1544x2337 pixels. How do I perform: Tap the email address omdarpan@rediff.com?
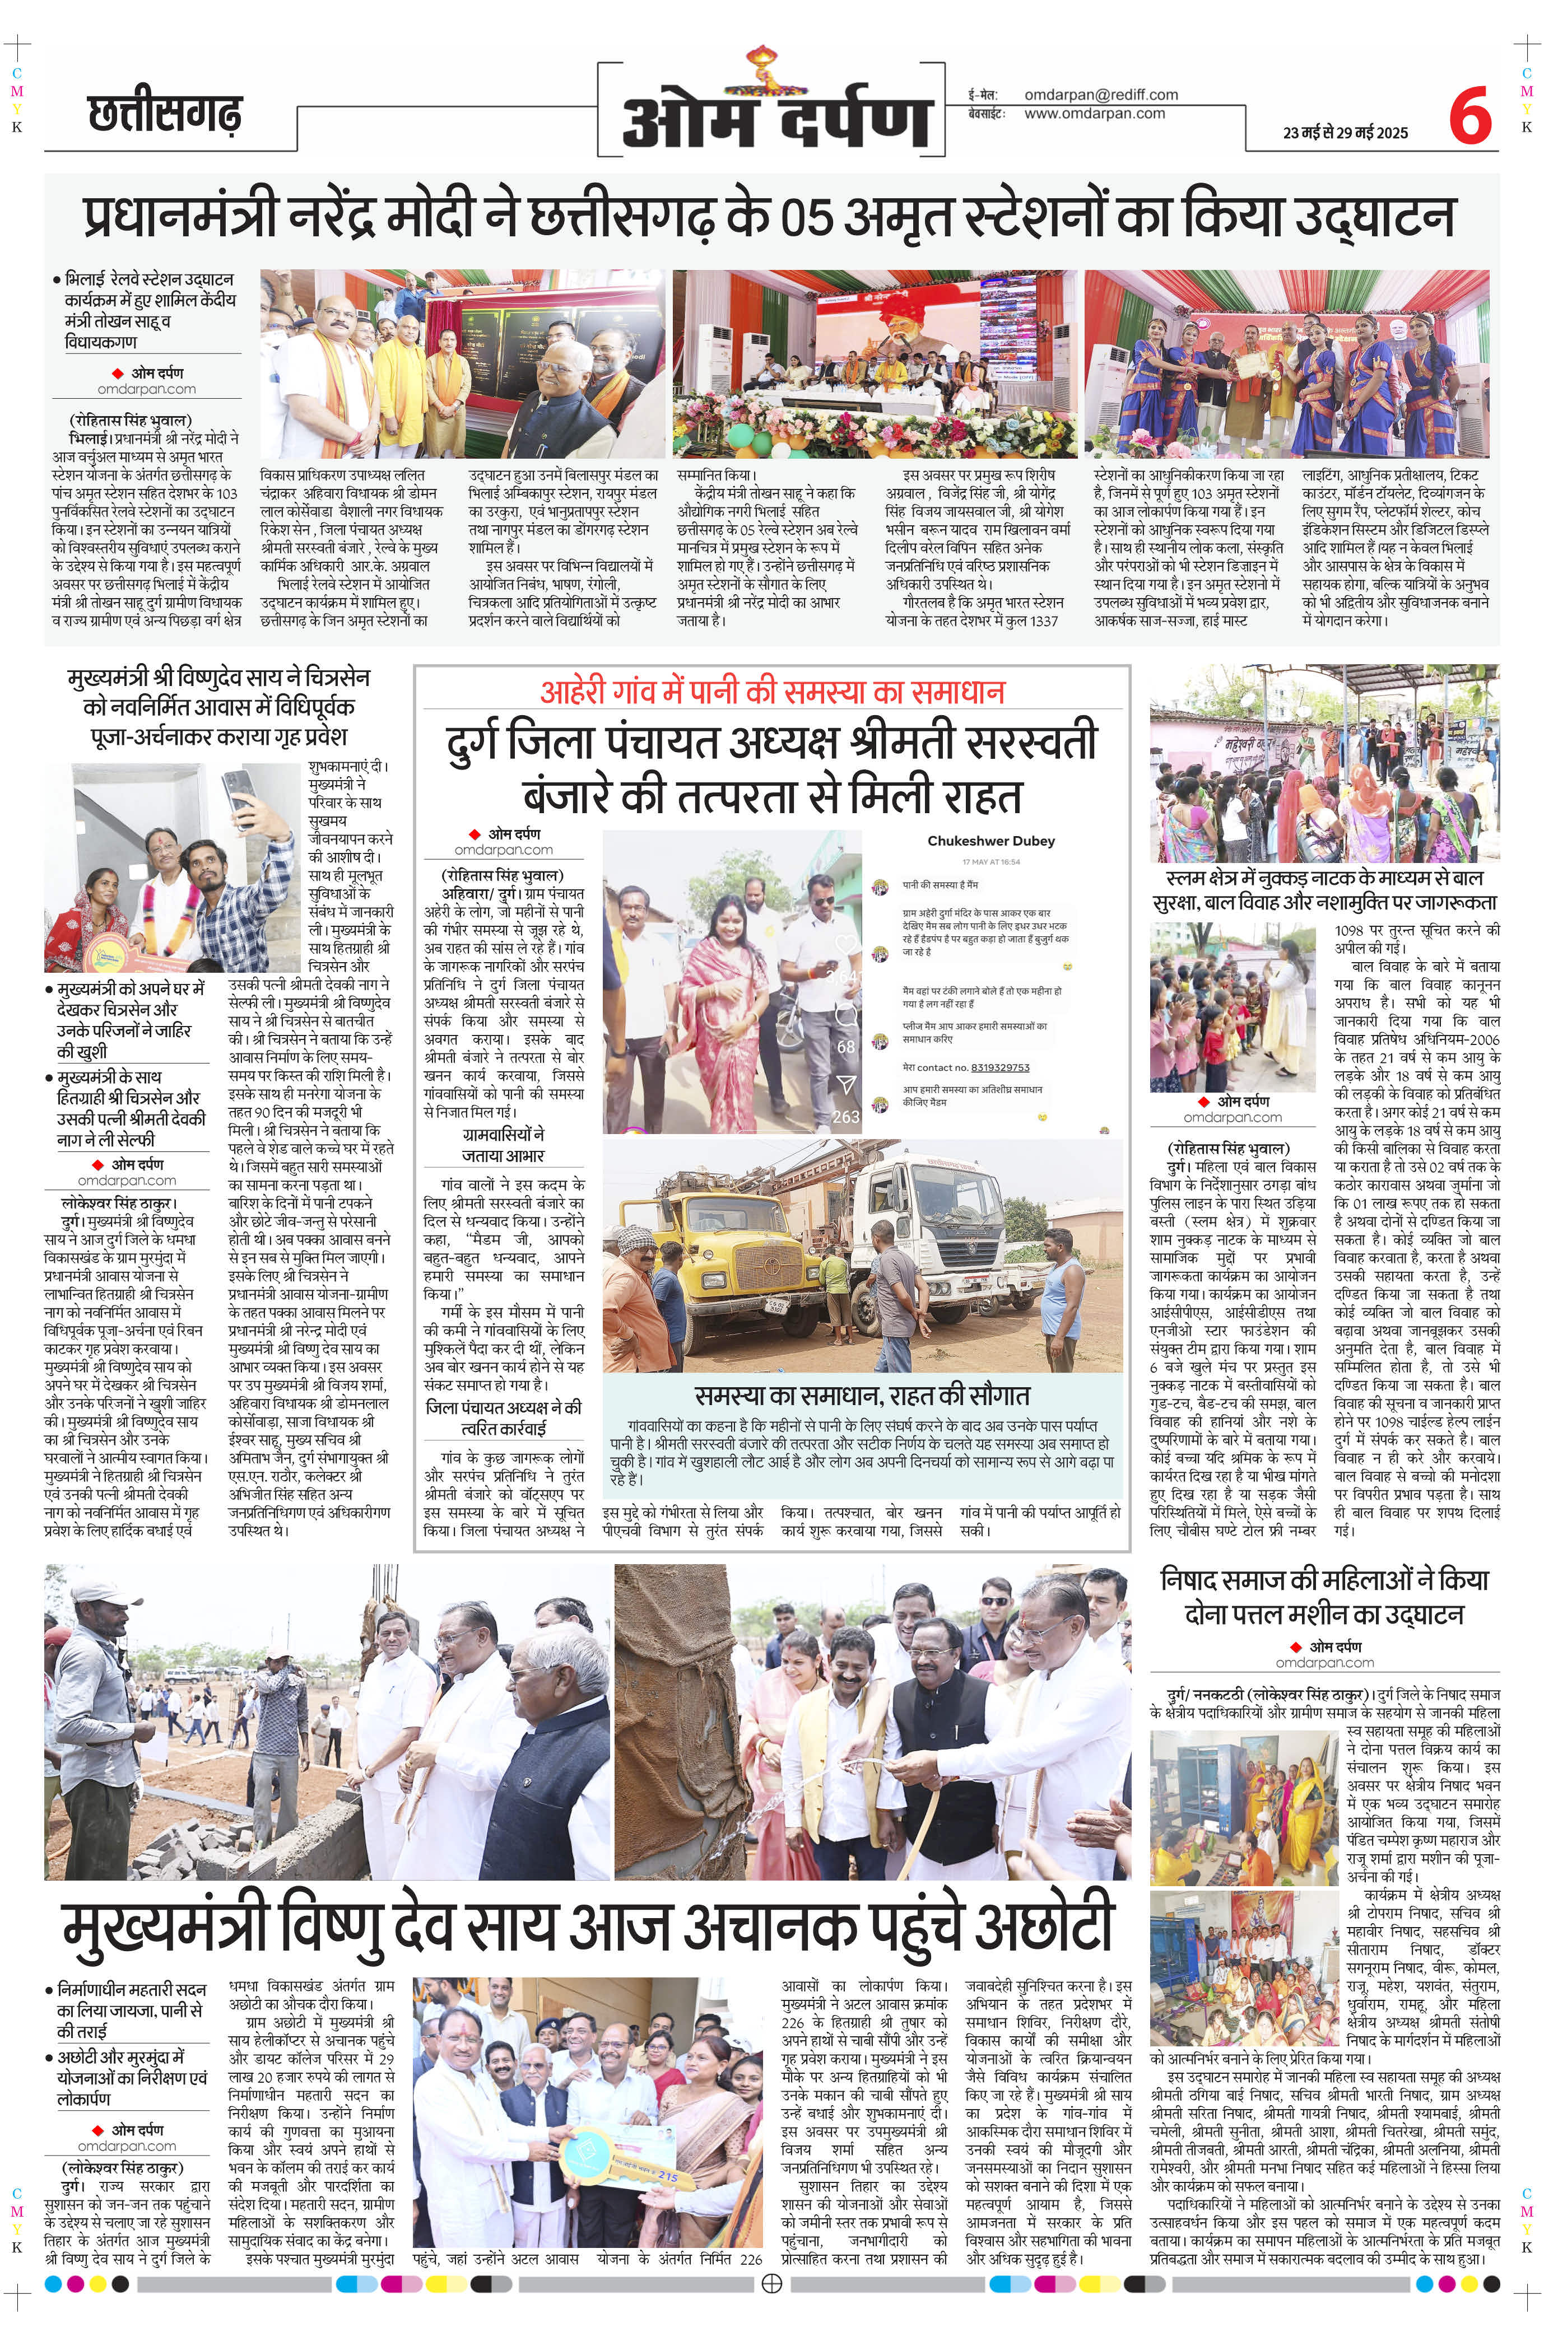click(x=1101, y=95)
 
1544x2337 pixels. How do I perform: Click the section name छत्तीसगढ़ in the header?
click(x=165, y=113)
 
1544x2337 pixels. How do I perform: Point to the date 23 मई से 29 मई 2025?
click(x=1345, y=133)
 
